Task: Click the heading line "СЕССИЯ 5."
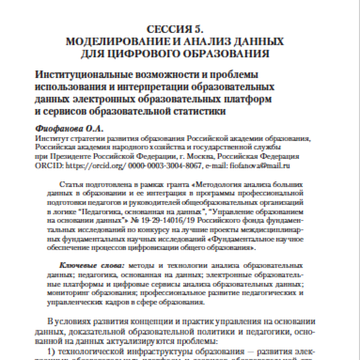click(174, 30)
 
